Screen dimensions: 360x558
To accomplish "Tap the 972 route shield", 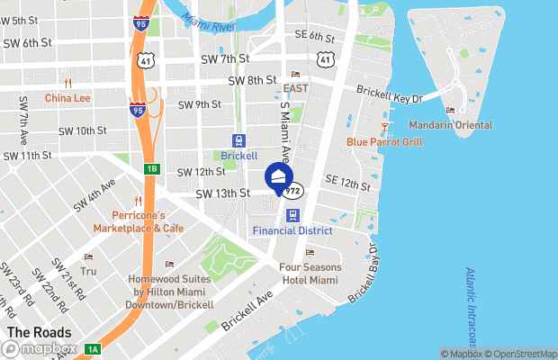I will point(293,192).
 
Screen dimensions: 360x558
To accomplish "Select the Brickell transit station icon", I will point(238,140).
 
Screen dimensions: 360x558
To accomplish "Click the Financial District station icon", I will point(292,215).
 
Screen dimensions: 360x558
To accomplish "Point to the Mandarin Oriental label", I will point(450,124).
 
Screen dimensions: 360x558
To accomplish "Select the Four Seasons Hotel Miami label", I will point(310,273).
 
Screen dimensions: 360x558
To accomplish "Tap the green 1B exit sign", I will point(151,168).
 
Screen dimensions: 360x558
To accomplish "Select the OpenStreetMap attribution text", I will point(523,353).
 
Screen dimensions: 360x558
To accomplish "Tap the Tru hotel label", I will point(87,270).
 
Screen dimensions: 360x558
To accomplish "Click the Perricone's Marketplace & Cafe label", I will point(148,221).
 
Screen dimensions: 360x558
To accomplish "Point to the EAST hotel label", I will point(295,88).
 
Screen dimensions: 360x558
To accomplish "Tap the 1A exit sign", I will point(93,349).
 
